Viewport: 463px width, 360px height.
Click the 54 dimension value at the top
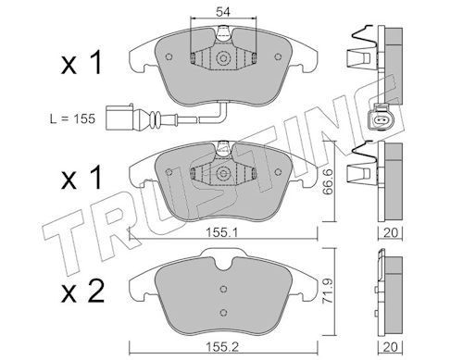coord(223,12)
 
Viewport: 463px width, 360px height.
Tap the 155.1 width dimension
coord(222,232)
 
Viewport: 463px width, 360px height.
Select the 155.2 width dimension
coord(222,347)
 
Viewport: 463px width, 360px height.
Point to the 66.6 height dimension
coord(327,181)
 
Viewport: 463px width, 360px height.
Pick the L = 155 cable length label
coord(72,118)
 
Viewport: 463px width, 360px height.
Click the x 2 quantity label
coord(82,292)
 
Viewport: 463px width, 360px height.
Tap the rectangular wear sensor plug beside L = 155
coord(119,118)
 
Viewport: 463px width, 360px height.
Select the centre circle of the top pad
coord(223,58)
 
